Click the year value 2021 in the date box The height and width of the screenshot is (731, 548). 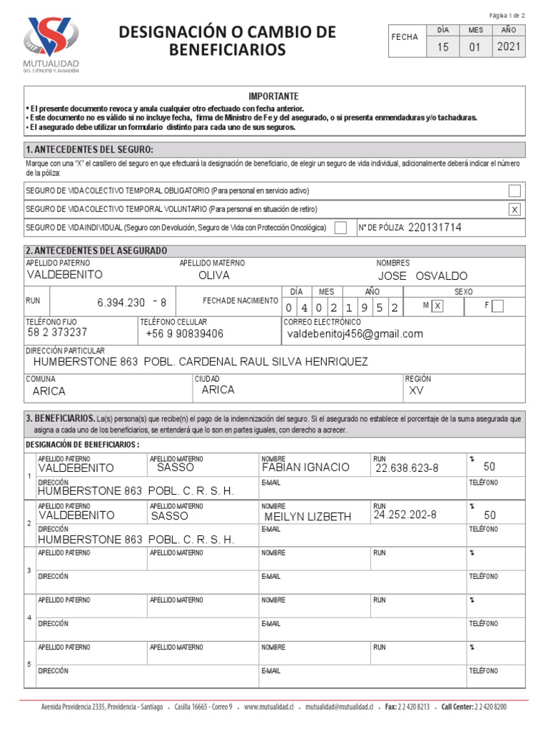[509, 48]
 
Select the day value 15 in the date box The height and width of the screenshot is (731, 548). [443, 48]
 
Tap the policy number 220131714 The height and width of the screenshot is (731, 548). [435, 228]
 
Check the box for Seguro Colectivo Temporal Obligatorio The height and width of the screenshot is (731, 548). [514, 191]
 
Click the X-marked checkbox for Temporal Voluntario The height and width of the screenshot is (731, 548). [514, 209]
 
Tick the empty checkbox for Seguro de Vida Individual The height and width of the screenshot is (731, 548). [341, 228]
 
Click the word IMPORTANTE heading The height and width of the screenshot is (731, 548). [274, 96]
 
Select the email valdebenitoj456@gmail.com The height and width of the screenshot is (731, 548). [355, 334]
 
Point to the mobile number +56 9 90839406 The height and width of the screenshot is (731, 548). [184, 334]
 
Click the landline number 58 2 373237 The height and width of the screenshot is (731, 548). [57, 333]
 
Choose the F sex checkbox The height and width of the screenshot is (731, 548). [498, 306]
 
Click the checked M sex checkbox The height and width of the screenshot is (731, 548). [437, 306]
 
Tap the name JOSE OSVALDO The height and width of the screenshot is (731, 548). [422, 276]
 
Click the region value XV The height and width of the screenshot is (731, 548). [415, 391]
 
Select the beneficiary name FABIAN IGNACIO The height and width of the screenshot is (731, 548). [305, 468]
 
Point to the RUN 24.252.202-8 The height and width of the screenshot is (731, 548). [405, 514]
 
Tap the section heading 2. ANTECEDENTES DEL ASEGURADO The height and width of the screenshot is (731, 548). [96, 251]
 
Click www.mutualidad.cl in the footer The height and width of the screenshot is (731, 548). [268, 707]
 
